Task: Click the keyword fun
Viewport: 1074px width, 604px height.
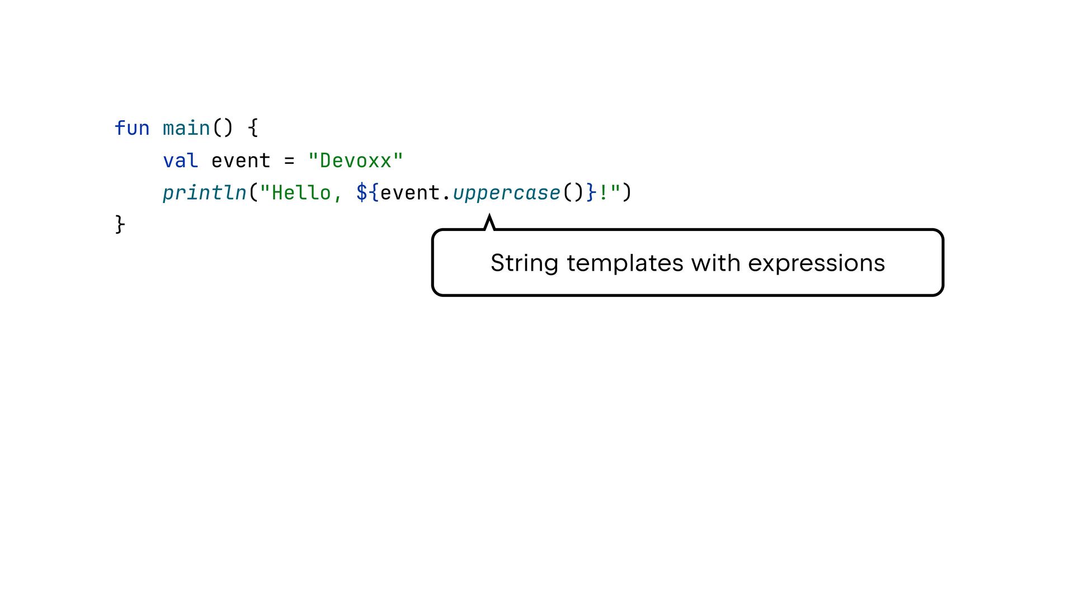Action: point(132,129)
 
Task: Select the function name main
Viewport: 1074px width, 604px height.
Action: point(186,129)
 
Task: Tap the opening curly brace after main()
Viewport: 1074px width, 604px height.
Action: point(253,129)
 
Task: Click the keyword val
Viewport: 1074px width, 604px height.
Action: point(180,161)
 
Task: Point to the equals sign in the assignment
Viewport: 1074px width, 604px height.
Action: point(289,161)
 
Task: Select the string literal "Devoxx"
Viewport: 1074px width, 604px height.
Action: point(356,161)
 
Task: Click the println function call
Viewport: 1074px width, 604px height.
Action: point(204,193)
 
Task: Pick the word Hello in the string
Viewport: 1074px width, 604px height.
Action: point(301,193)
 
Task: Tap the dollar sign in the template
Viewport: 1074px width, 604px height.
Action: point(362,193)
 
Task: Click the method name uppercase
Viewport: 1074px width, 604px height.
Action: point(506,193)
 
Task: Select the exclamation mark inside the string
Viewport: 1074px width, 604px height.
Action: point(604,193)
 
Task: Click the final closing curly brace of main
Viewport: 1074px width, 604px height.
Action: point(120,225)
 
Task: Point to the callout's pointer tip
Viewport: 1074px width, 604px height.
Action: point(489,216)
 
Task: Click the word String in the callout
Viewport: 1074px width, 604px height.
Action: point(524,263)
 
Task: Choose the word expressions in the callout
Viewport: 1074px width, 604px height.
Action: point(816,263)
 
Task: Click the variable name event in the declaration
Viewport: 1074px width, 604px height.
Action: point(241,161)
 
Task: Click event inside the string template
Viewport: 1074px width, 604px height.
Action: point(410,193)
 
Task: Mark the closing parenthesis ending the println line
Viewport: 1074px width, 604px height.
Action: point(627,193)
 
